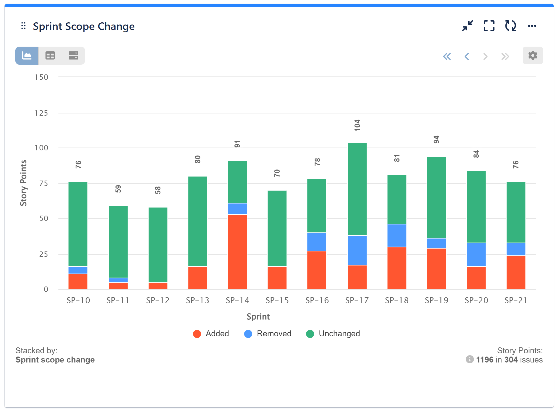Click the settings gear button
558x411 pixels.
click(532, 56)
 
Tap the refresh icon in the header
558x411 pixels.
click(510, 26)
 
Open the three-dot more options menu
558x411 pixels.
click(532, 26)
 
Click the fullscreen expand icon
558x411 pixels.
click(489, 26)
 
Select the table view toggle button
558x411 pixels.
click(50, 56)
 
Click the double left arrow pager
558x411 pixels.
click(447, 56)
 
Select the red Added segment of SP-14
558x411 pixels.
click(237, 252)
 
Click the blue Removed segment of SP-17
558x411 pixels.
click(357, 250)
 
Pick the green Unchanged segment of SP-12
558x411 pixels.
click(158, 245)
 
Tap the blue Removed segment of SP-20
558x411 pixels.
click(476, 254)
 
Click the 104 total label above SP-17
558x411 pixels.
click(357, 125)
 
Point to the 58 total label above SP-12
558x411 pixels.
click(158, 190)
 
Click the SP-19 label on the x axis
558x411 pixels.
click(436, 300)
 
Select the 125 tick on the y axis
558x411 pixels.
click(41, 113)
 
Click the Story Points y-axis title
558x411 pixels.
click(23, 183)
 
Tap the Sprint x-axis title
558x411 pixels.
click(258, 316)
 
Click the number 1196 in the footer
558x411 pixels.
click(485, 360)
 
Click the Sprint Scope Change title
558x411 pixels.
click(83, 26)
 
